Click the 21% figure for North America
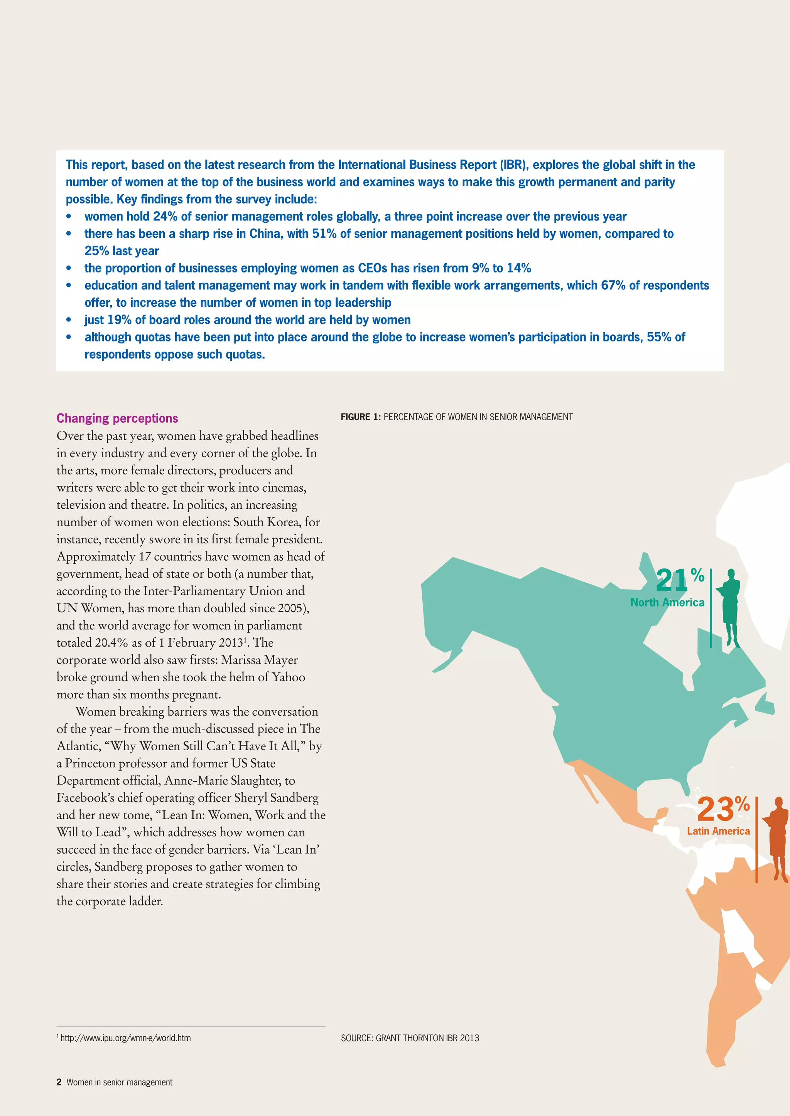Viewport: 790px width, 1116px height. click(679, 579)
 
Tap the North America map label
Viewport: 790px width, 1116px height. click(667, 603)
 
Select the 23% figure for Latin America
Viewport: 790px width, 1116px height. click(722, 809)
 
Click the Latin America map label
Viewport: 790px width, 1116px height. click(718, 831)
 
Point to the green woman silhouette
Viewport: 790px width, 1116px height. click(730, 608)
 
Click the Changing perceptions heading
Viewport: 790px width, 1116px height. click(117, 418)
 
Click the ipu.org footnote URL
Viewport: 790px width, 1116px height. click(125, 1038)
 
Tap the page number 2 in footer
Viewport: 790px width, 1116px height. click(59, 1082)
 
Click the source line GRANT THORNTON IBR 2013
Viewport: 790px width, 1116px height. click(410, 1038)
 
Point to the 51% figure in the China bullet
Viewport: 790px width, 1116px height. click(324, 234)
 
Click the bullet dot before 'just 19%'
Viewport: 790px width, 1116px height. click(69, 320)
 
